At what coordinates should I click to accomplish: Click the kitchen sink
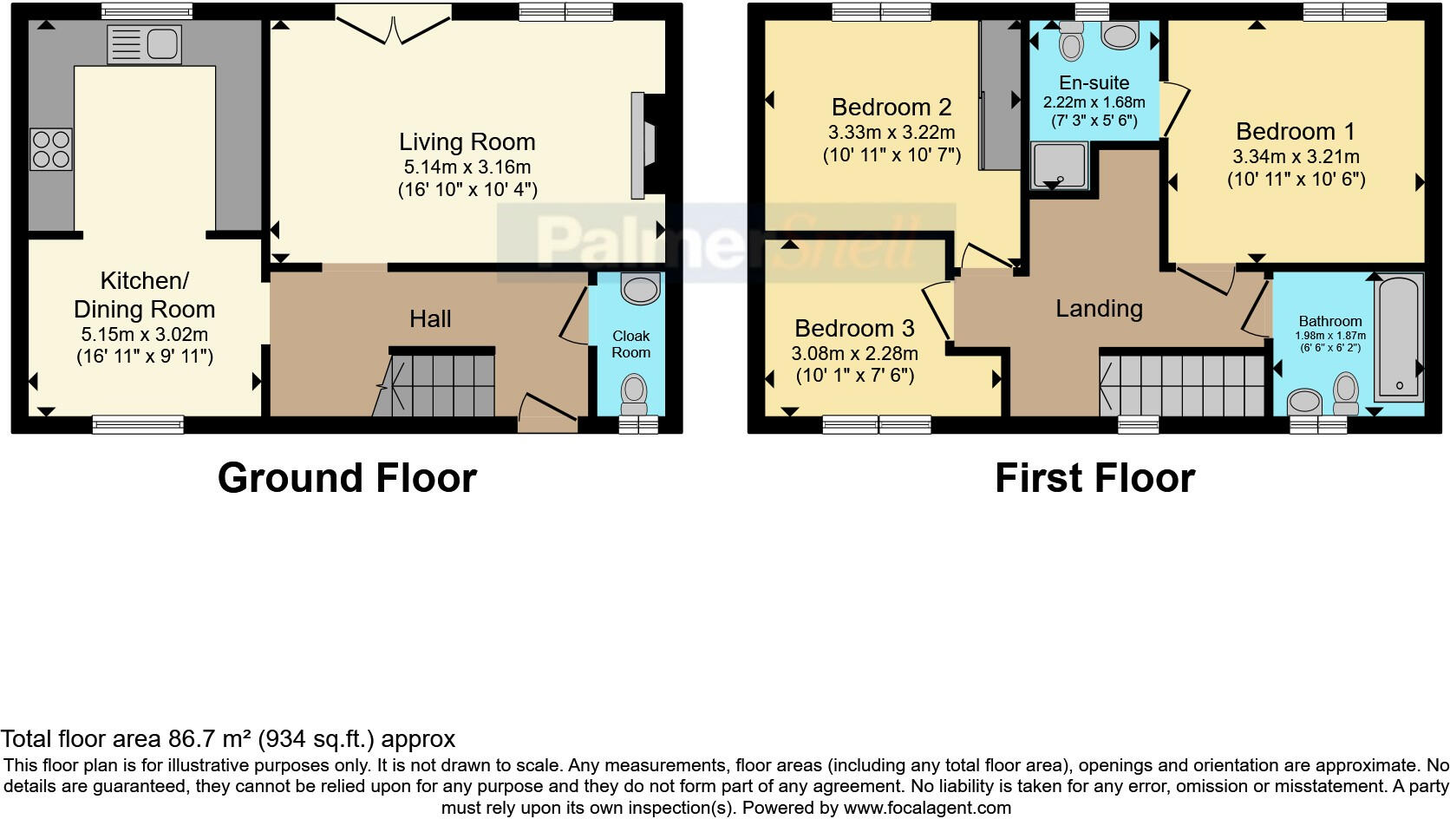tap(144, 44)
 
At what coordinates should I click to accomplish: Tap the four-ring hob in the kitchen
tap(50, 149)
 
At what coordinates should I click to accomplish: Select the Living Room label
tap(467, 142)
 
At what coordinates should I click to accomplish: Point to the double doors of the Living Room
tap(393, 24)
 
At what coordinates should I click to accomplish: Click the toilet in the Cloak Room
tap(634, 394)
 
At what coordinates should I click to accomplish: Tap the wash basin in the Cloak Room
tap(641, 289)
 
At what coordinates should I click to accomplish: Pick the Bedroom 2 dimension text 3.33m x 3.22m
tap(892, 133)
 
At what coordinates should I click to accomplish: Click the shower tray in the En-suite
tap(1057, 166)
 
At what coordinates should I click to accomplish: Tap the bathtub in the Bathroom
tap(1399, 337)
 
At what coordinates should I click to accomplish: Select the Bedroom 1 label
tap(1295, 132)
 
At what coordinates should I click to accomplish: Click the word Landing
tap(1099, 309)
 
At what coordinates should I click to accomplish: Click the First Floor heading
tap(1094, 478)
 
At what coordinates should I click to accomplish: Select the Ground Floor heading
tap(347, 478)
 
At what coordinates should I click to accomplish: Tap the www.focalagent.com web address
tap(926, 808)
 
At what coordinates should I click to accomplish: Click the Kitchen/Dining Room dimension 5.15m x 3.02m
tap(144, 335)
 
